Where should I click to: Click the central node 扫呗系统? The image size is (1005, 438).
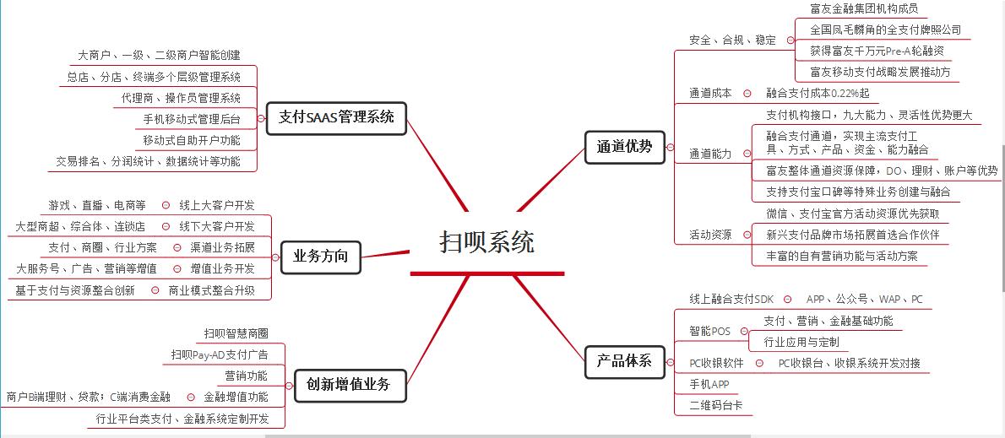pos(487,243)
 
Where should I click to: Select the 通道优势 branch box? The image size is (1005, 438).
pos(625,146)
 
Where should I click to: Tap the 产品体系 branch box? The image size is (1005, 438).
pos(625,361)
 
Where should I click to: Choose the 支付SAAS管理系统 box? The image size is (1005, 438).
pos(336,117)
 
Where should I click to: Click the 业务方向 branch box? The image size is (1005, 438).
pos(320,257)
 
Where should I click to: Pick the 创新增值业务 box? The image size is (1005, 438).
pos(349,384)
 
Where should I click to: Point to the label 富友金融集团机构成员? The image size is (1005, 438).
pos(863,9)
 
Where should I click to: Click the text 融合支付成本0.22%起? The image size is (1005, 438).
pos(818,94)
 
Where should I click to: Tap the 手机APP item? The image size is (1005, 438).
pos(709,384)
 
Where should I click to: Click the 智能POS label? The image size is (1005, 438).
pos(709,332)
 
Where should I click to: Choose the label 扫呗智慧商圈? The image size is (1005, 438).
pos(236,333)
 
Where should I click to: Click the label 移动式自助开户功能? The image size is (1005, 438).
pos(192,140)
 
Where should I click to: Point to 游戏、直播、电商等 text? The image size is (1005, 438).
pos(98,205)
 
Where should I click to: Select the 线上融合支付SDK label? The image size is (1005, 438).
pos(731,300)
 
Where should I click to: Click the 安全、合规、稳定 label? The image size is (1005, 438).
pos(732,40)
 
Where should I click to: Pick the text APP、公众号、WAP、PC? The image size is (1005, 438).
pos(864,300)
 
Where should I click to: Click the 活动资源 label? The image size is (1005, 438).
pos(710,235)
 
